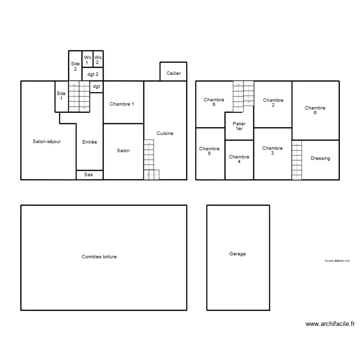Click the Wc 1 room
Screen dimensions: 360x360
tap(87, 60)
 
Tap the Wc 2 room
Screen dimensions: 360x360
tap(98, 60)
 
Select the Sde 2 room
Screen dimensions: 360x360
tap(75, 66)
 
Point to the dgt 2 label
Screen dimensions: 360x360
tap(93, 74)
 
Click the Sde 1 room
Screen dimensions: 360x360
tap(61, 96)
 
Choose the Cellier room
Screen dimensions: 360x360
tap(173, 73)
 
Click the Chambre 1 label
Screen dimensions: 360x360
tap(122, 104)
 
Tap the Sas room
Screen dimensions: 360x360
tap(89, 175)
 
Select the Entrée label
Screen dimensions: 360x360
tap(89, 142)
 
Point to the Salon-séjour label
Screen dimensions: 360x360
tap(47, 142)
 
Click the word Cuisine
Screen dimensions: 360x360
tap(165, 133)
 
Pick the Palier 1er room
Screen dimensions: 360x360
tap(239, 126)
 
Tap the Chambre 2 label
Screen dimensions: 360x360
tap(273, 102)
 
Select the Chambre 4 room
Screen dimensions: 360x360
tap(239, 159)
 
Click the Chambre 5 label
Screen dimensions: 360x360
tap(209, 151)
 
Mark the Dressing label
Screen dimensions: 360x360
tap(320, 158)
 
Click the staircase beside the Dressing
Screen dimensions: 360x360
tap(297, 160)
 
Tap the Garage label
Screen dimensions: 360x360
tap(238, 254)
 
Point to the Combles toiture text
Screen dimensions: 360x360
tap(99, 257)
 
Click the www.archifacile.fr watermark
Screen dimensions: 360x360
tap(330, 324)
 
